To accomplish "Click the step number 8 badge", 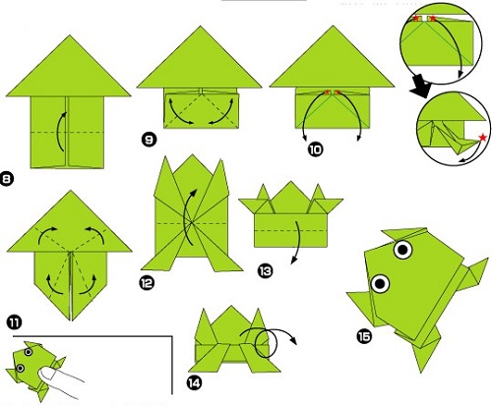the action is click(x=7, y=179).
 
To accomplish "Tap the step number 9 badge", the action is click(x=149, y=140).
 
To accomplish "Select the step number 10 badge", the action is click(x=315, y=149).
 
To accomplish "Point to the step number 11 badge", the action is click(x=14, y=322).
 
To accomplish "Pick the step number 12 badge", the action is click(x=147, y=283).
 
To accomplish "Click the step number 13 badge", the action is click(x=265, y=271).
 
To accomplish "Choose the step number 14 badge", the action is click(x=194, y=382).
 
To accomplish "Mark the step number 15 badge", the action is click(x=364, y=336).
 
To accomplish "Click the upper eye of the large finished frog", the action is click(x=403, y=250).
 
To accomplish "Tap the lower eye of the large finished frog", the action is click(x=380, y=283).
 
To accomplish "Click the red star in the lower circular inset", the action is click(x=482, y=138).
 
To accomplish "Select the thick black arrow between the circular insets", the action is click(x=421, y=87).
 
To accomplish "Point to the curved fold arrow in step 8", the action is click(x=59, y=131).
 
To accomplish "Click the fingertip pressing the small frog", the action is click(x=45, y=373).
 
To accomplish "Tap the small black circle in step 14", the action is click(x=266, y=344).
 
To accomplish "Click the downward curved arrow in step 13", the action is click(x=298, y=242).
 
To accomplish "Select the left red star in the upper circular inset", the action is click(x=416, y=19).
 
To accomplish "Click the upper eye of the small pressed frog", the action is click(x=29, y=352).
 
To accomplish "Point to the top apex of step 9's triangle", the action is click(x=200, y=27).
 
